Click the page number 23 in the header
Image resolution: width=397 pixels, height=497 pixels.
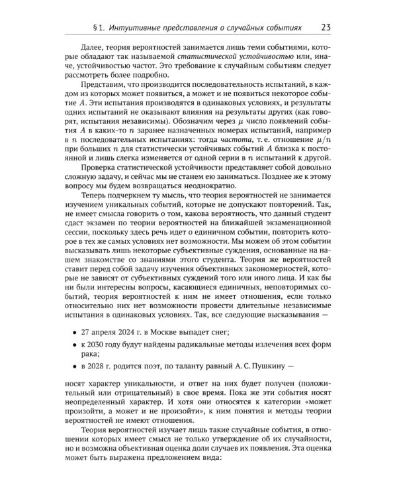[326, 27]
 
